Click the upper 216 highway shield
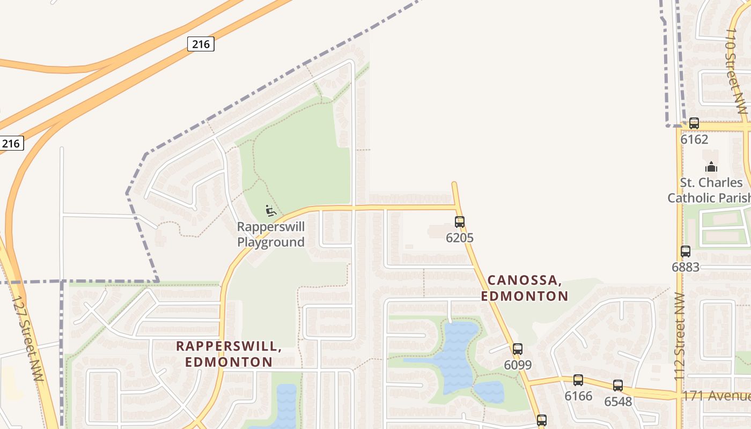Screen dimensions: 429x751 coord(201,44)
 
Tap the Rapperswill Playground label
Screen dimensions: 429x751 coord(271,234)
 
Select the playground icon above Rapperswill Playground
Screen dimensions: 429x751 coord(271,210)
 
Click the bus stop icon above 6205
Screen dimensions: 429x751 coord(460,221)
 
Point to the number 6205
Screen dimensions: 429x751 coord(460,238)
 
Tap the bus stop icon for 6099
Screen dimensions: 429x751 coord(518,349)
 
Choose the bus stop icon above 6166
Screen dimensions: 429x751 coord(578,380)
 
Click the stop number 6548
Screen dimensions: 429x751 coord(618,402)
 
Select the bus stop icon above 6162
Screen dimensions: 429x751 coord(694,123)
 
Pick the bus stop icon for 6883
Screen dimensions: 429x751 coord(686,251)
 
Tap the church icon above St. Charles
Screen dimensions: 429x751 coord(711,167)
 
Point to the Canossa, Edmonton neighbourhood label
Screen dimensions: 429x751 coord(524,288)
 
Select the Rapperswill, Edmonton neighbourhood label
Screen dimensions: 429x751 coord(229,354)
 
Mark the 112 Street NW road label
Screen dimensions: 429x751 coord(680,337)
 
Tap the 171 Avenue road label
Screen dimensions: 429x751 coord(716,396)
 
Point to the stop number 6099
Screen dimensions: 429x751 coord(518,365)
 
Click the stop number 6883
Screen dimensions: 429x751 coord(686,267)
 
